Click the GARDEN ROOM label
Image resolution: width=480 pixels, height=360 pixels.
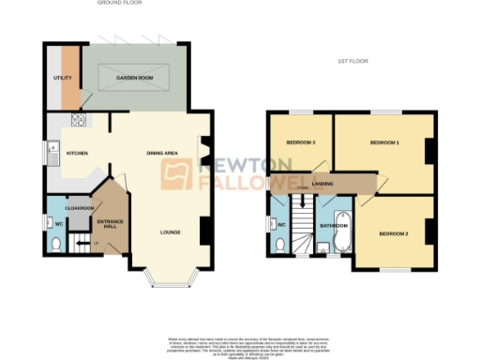(x=135, y=78)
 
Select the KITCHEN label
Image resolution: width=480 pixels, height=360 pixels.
(x=76, y=152)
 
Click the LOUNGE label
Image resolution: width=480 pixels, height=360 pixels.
(x=170, y=232)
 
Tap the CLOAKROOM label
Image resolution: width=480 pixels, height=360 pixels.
(x=77, y=207)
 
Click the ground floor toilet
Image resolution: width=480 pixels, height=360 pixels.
(x=55, y=243)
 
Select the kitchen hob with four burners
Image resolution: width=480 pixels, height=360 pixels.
(x=75, y=120)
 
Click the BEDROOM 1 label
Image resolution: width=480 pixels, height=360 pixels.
(x=384, y=142)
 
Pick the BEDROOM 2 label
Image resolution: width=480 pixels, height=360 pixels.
(x=394, y=232)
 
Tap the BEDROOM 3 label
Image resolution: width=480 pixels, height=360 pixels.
(x=300, y=142)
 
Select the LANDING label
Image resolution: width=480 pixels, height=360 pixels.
(x=323, y=185)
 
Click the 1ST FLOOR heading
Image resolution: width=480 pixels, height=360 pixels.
(x=353, y=61)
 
